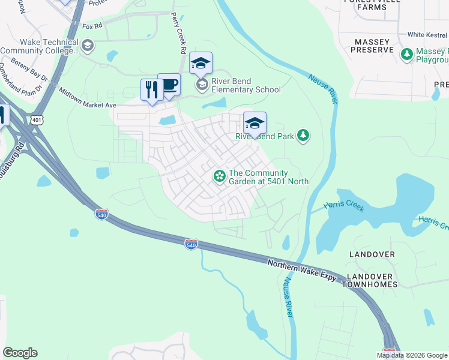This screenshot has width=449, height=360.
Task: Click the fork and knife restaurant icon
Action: coord(150,90)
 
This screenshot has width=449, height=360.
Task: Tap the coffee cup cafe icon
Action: coord(169,85)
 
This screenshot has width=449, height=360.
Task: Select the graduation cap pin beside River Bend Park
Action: coord(255,123)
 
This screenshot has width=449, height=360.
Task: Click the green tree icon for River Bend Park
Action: coord(304,136)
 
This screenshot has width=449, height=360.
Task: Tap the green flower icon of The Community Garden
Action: coord(220,176)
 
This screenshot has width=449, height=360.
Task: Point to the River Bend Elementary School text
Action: coord(246,86)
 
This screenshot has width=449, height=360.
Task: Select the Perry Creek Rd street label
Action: coord(178,34)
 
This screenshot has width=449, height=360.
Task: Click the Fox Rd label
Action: coord(92,26)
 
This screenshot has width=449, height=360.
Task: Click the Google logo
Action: coord(20,353)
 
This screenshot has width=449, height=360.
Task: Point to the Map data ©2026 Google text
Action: coord(411,355)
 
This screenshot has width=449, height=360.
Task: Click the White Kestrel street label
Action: coord(427,35)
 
